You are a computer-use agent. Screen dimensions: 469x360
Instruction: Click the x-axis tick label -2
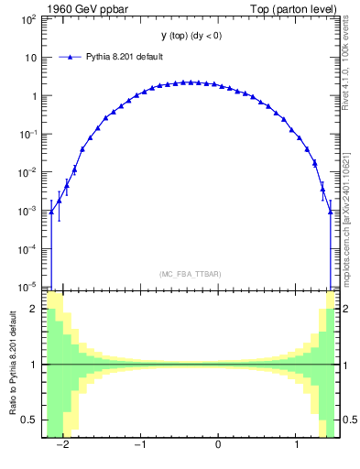pyautogui.click(x=62, y=446)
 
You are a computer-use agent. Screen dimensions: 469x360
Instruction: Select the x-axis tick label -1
pyautogui.click(x=140, y=446)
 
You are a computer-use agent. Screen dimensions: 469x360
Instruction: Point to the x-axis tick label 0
pyautogui.click(x=218, y=446)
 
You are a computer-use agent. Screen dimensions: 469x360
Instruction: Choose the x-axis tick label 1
pyautogui.click(x=296, y=446)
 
